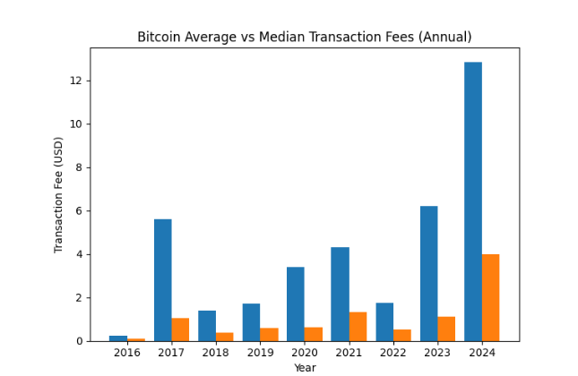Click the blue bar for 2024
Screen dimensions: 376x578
(473, 201)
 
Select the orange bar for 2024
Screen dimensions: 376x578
(490, 297)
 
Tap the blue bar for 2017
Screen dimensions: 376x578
(162, 280)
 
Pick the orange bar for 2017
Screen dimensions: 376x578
(180, 329)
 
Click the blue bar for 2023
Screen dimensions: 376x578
(428, 273)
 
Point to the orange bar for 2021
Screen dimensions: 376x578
(358, 327)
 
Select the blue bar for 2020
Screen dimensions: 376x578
(296, 304)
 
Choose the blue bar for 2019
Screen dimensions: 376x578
(251, 322)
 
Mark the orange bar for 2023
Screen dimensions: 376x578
(446, 329)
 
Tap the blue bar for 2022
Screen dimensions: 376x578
(384, 322)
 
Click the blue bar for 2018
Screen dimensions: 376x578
(207, 326)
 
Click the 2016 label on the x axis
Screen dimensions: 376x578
(127, 353)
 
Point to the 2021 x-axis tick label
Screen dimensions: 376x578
(349, 353)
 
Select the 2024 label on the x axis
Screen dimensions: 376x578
(482, 353)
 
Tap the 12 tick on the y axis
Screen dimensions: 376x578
(77, 81)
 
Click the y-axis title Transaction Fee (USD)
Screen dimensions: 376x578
(59, 194)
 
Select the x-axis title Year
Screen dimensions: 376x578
(305, 367)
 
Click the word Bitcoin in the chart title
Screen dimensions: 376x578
(159, 37)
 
